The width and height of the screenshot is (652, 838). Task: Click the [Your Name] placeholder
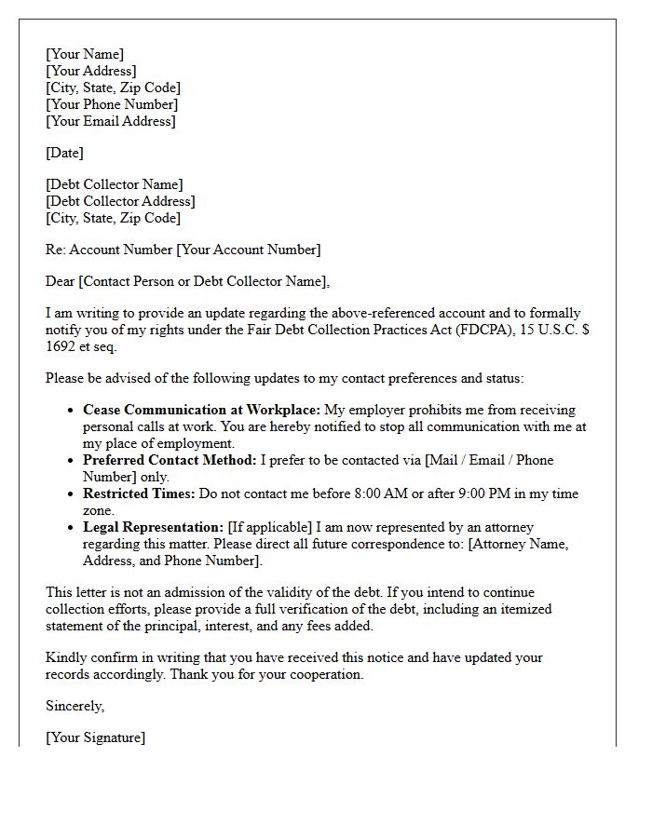tap(85, 54)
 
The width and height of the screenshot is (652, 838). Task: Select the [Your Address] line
tap(91, 71)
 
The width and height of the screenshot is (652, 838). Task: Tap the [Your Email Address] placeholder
tap(111, 121)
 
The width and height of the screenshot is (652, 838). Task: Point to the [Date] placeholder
tap(64, 153)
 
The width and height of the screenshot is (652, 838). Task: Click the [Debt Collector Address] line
tap(120, 201)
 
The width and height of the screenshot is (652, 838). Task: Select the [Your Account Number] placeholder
tap(249, 250)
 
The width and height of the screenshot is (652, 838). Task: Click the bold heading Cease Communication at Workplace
tap(202, 410)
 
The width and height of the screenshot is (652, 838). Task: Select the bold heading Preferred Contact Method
tap(170, 460)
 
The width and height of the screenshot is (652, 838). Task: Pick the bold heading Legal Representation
tap(154, 527)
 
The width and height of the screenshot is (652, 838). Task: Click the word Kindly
tap(65, 657)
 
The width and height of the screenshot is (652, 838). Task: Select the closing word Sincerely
tap(75, 706)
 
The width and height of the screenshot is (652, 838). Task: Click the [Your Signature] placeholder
tap(96, 737)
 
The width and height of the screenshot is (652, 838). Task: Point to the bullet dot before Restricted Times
tap(72, 493)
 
